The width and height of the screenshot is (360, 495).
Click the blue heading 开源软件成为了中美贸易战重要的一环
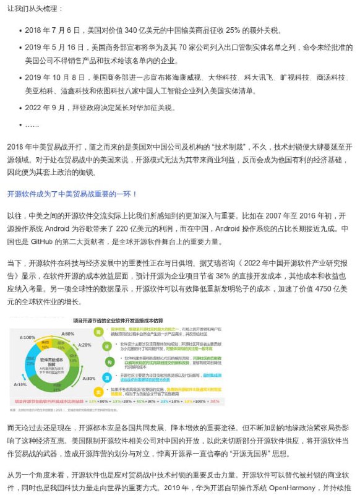(72, 194)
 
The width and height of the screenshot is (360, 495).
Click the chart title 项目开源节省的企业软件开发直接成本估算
(118, 320)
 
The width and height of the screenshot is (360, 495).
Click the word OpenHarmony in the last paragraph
(281, 487)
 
